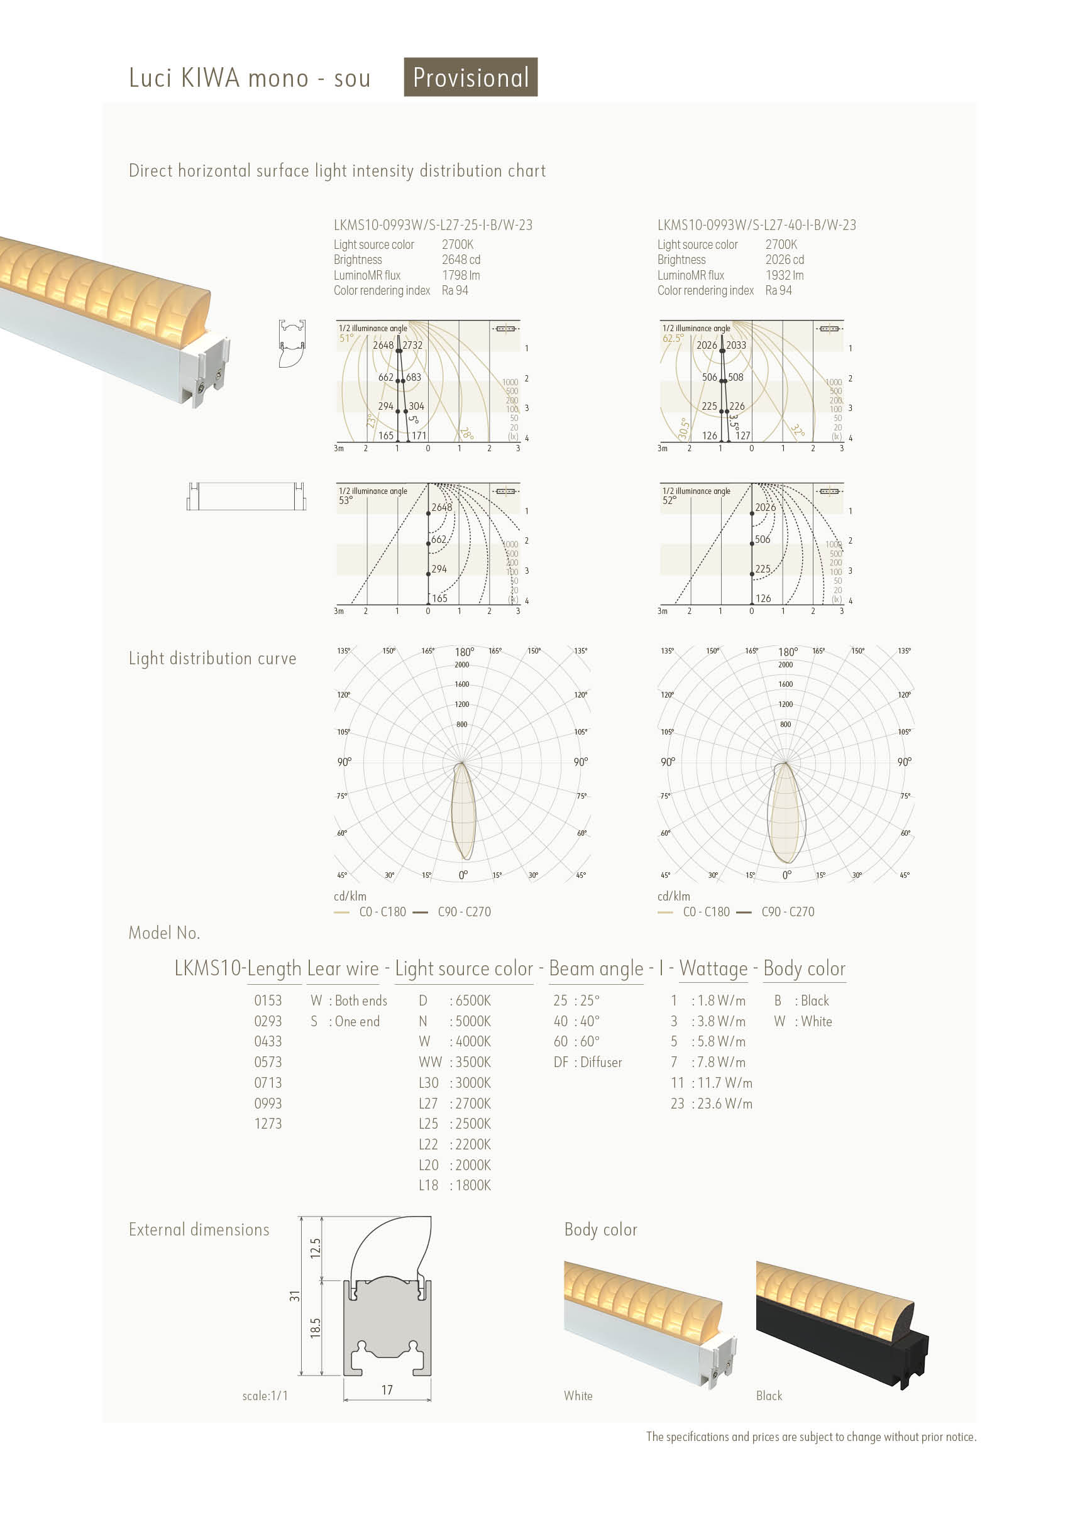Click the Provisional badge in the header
(x=470, y=77)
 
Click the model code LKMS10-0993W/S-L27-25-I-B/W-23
(x=432, y=225)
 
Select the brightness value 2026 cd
(x=784, y=260)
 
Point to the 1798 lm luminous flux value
(x=461, y=275)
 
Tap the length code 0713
(x=267, y=1083)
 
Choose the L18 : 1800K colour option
(x=454, y=1186)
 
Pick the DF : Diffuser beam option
(x=588, y=1062)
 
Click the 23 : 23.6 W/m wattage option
(x=712, y=1104)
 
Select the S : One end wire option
(x=345, y=1022)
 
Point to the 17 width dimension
(x=387, y=1390)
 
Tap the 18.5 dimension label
(x=316, y=1327)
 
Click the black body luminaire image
(x=842, y=1323)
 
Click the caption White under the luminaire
(x=578, y=1396)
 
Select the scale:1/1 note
(x=265, y=1396)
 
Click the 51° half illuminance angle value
(x=346, y=339)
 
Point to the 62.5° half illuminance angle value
(x=673, y=339)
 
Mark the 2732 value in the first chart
(x=412, y=346)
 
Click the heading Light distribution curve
(x=212, y=659)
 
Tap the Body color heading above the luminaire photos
(x=600, y=1230)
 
